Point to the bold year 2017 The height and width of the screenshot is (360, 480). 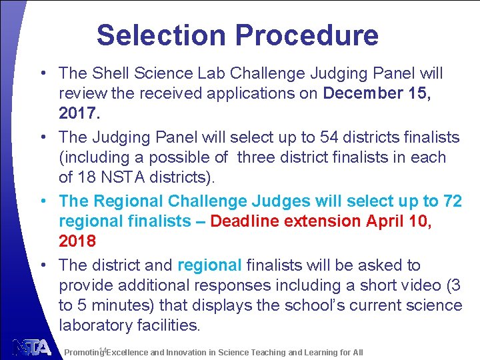pyautogui.click(x=78, y=113)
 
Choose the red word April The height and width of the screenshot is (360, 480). pyautogui.click(x=386, y=221)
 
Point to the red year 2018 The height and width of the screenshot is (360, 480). pyautogui.click(x=78, y=241)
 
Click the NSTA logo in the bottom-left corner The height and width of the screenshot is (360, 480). pyautogui.click(x=31, y=347)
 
